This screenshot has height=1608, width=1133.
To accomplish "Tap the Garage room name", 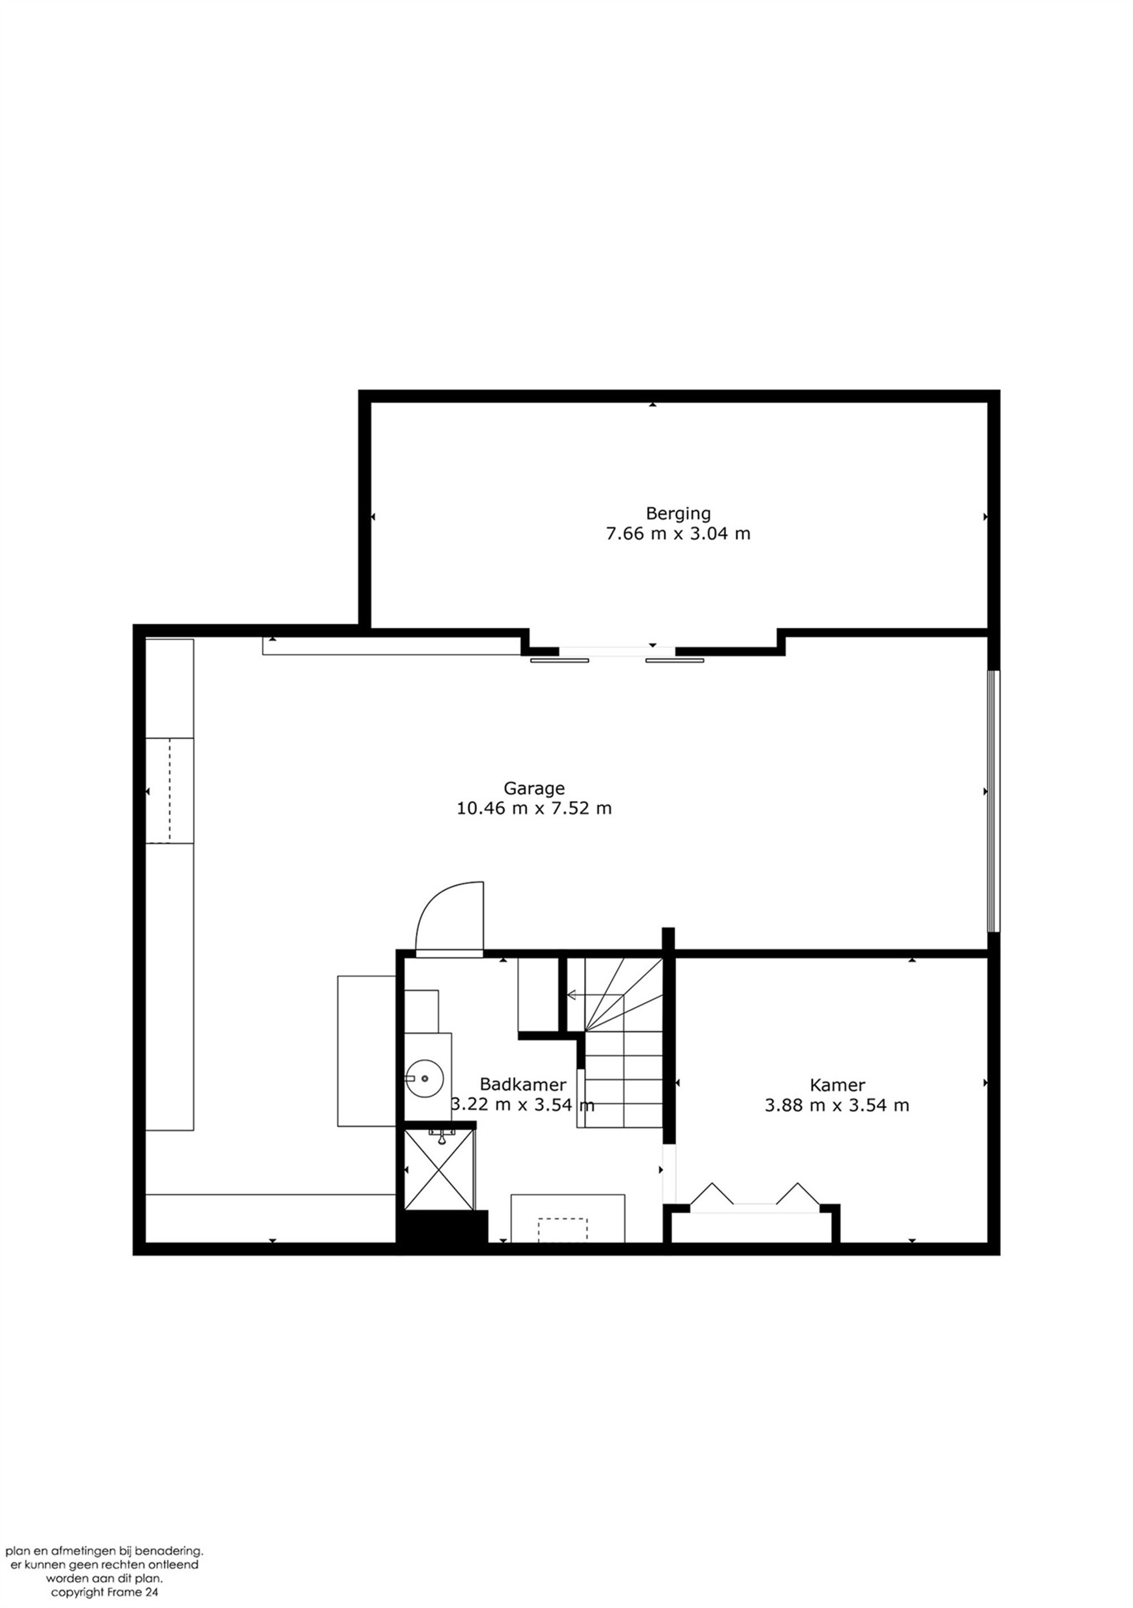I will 534,788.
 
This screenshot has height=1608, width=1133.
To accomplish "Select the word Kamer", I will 837,1085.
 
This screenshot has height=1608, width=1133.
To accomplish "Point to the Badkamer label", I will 522,1085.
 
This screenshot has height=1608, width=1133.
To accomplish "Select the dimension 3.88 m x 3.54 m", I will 837,1105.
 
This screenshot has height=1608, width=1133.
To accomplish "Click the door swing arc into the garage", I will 448,917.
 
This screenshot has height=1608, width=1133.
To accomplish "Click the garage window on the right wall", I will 993,801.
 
